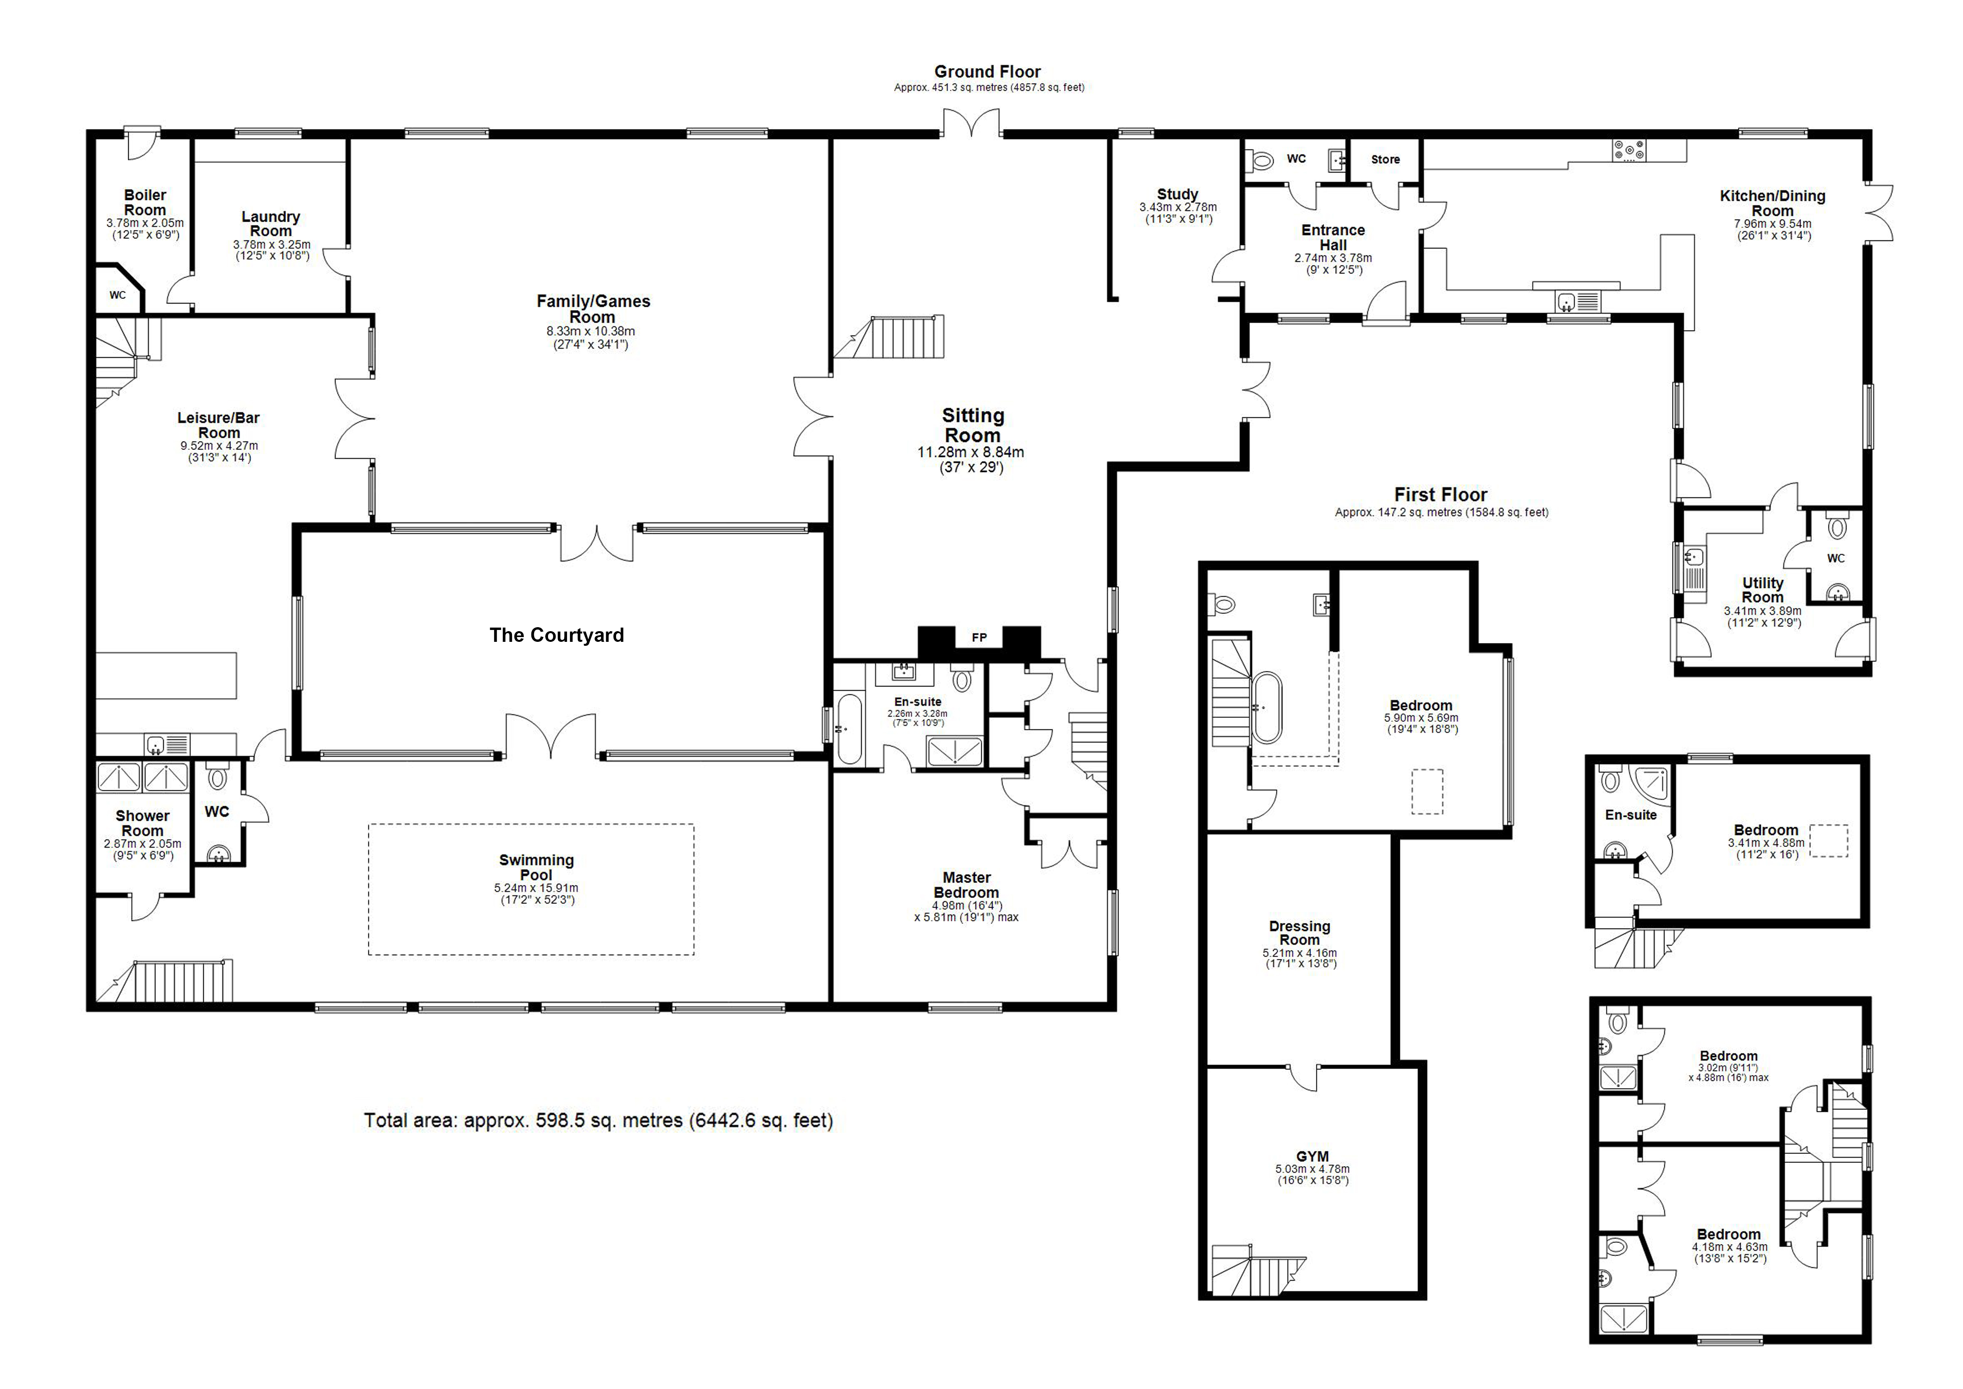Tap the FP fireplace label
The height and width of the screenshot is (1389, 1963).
(979, 637)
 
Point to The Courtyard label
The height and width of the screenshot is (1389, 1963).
(557, 635)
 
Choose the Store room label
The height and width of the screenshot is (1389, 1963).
(1385, 160)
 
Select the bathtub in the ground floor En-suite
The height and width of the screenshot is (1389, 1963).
(849, 729)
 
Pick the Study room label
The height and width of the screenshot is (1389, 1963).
(1177, 194)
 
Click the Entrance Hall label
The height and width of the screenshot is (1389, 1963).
(1333, 237)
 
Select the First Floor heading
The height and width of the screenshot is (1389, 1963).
(1441, 495)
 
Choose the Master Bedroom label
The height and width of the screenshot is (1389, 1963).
(966, 885)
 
